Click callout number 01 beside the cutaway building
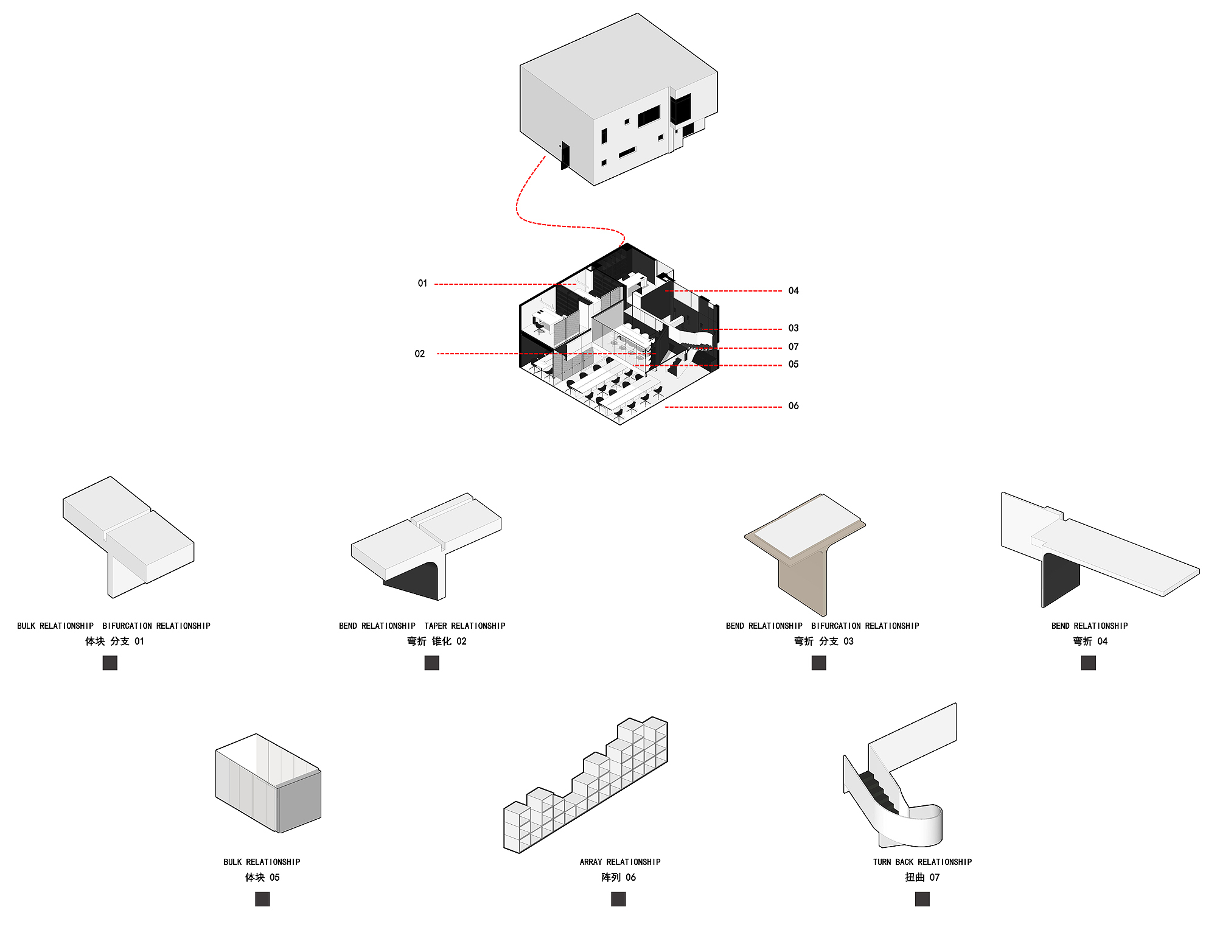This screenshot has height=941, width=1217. pyautogui.click(x=422, y=284)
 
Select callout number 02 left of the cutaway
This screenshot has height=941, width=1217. pyautogui.click(x=420, y=354)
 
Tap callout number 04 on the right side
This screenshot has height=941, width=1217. pyautogui.click(x=793, y=291)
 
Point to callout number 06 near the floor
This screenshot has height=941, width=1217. pyautogui.click(x=793, y=406)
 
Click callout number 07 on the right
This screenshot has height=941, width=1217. pyautogui.click(x=793, y=347)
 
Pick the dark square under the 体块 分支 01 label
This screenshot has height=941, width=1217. pyautogui.click(x=110, y=663)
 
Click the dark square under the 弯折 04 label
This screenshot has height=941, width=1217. pyautogui.click(x=1089, y=663)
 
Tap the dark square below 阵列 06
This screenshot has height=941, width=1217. pyautogui.click(x=618, y=899)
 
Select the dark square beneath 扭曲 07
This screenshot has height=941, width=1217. pyautogui.click(x=922, y=899)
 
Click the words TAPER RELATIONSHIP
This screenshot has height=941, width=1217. pyautogui.click(x=465, y=626)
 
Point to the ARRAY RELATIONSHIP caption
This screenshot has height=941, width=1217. pyautogui.click(x=620, y=862)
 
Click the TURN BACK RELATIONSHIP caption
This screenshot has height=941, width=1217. pyautogui.click(x=922, y=862)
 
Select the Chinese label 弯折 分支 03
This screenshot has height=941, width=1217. pyautogui.click(x=824, y=642)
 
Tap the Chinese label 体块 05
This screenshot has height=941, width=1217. pyautogui.click(x=262, y=878)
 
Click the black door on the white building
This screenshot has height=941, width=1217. pyautogui.click(x=565, y=156)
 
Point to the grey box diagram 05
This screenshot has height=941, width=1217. pyautogui.click(x=268, y=785)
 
